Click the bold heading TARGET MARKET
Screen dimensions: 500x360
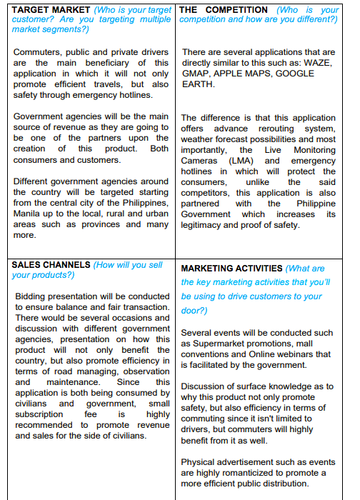click(x=52, y=10)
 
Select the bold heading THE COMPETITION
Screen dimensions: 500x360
click(x=224, y=10)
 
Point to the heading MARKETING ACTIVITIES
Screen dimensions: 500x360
click(x=231, y=268)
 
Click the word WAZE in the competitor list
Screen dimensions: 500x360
click(x=316, y=63)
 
